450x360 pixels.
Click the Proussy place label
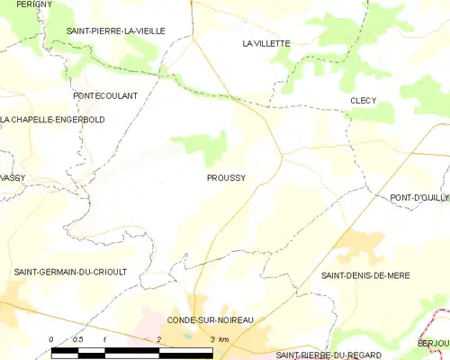[226, 178]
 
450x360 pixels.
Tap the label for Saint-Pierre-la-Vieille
[116, 31]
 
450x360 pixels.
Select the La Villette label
[266, 43]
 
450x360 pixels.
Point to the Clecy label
[364, 101]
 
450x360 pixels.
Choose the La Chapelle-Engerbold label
[53, 120]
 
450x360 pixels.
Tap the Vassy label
[13, 178]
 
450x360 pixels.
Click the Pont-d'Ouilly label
[418, 197]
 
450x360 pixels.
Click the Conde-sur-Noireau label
[209, 319]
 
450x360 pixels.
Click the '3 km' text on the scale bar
[218, 339]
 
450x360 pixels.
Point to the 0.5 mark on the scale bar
[78, 339]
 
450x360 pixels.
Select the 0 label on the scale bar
[51, 339]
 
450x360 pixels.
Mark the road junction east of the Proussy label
[283, 155]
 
